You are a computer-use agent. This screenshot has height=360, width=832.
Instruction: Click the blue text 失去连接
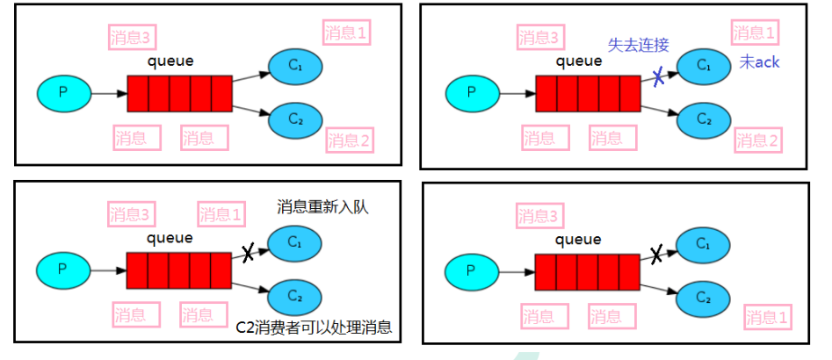639,44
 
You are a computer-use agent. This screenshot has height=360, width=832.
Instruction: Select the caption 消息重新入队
322,207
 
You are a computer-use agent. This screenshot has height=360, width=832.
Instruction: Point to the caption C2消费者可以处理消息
314,328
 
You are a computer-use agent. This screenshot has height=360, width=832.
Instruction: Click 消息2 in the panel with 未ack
757,140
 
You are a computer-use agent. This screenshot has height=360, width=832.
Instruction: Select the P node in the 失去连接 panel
472,90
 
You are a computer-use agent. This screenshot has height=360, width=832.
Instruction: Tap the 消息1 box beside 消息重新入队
221,214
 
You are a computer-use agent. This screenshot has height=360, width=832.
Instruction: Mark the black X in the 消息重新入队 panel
248,254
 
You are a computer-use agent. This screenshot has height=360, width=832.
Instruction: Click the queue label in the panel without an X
171,61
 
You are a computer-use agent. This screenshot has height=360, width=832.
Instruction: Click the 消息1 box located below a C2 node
767,317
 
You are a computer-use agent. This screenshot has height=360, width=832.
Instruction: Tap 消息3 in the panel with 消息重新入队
131,214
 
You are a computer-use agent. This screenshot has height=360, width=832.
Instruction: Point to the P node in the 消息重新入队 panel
62,269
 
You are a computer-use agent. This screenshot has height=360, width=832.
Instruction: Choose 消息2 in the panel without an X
349,139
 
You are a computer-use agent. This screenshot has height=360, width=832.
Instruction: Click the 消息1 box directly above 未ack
755,33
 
